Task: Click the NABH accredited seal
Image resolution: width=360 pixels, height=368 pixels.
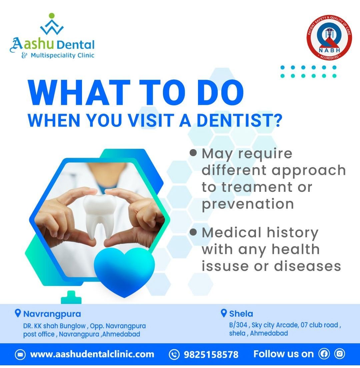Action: [329, 38]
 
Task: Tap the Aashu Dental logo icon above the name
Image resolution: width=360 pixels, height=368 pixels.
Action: [52, 24]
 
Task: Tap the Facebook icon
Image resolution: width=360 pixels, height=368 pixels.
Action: [324, 353]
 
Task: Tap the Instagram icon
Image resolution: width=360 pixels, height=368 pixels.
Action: [340, 353]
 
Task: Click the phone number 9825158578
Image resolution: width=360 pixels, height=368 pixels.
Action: [211, 354]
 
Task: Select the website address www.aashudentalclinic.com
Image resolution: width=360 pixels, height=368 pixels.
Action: [92, 354]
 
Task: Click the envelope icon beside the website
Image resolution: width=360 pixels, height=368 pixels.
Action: [20, 354]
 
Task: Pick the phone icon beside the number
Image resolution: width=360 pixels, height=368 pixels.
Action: [174, 354]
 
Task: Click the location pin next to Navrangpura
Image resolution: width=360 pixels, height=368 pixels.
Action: [18, 313]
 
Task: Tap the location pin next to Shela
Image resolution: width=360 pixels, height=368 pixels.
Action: [224, 313]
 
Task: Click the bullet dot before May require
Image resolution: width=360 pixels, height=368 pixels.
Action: [193, 153]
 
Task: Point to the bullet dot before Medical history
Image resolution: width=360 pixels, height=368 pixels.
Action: [193, 232]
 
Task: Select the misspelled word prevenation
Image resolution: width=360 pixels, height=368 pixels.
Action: [248, 204]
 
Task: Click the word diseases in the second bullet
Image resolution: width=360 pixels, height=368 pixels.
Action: [307, 266]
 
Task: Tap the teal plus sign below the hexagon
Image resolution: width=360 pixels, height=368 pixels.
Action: [71, 297]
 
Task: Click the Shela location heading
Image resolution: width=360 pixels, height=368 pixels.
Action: [241, 314]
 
